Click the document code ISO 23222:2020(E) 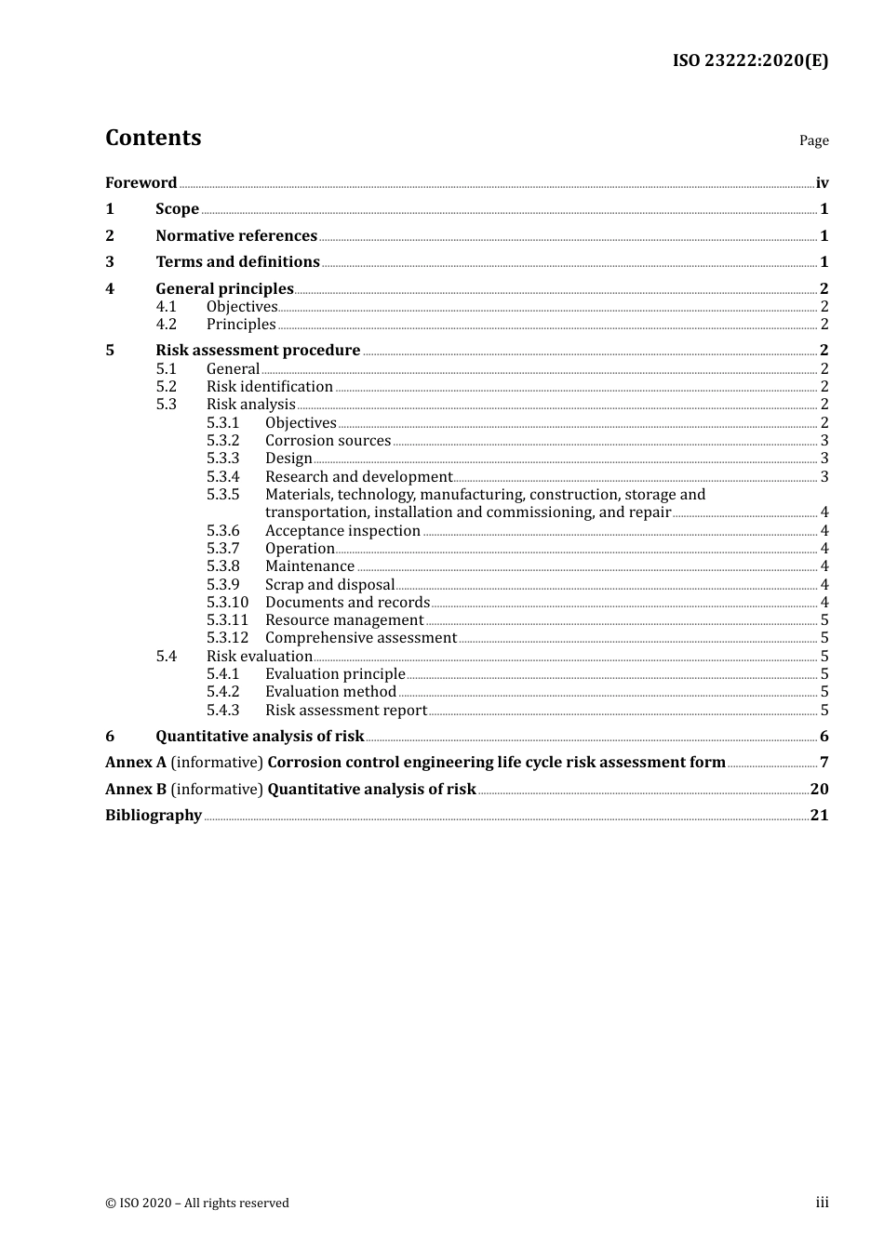click(x=750, y=61)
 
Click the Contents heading click(x=153, y=138)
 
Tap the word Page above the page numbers click(x=813, y=140)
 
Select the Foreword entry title click(x=141, y=182)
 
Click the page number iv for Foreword click(x=822, y=183)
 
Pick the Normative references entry click(x=236, y=235)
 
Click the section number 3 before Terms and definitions click(x=110, y=262)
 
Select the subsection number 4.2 click(x=166, y=325)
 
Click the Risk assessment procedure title click(x=258, y=351)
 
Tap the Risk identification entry click(x=269, y=387)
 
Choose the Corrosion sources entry click(x=328, y=441)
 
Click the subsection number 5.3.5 click(x=222, y=495)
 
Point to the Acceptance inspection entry click(x=342, y=531)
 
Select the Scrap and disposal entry click(x=329, y=585)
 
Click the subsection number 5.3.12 click(x=227, y=638)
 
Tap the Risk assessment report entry click(x=345, y=711)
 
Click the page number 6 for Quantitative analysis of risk click(x=824, y=737)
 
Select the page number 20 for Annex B click(x=819, y=790)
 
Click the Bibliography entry click(x=154, y=816)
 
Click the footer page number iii click(x=822, y=1203)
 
